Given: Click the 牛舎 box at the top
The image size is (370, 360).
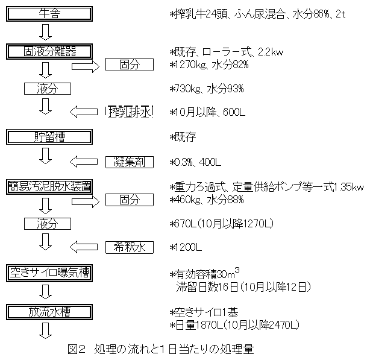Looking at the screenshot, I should pos(49,13).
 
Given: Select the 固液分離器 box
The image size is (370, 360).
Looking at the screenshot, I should pos(49,51).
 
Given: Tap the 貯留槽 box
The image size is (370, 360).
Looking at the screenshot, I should pos(49,136).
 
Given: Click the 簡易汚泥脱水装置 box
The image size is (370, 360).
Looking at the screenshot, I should pos(49,186).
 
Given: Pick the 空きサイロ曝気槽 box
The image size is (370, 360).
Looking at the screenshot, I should pos(49,273).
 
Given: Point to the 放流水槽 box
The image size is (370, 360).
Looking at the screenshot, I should pos(49,311).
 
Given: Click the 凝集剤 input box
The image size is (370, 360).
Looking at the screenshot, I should pos(130,162).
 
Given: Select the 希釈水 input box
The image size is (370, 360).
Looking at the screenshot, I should pos(130,247).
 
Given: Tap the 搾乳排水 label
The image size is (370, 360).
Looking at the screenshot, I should pos(130,112).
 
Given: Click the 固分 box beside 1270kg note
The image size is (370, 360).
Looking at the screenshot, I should pos(130,64).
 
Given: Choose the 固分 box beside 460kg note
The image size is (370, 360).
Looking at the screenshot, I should pos(130,198).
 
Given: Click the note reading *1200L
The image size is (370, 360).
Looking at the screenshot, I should pos(187,247).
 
